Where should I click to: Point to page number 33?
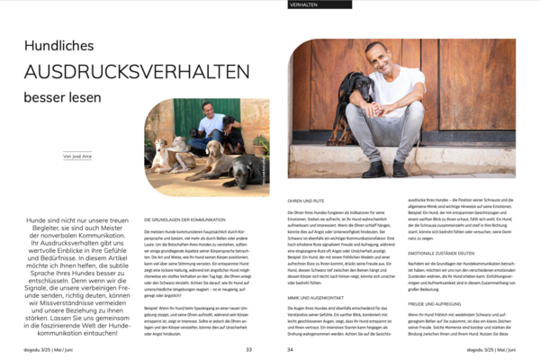click(248, 350)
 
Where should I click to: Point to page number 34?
click(291, 350)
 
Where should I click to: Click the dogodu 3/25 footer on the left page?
click(37, 350)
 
